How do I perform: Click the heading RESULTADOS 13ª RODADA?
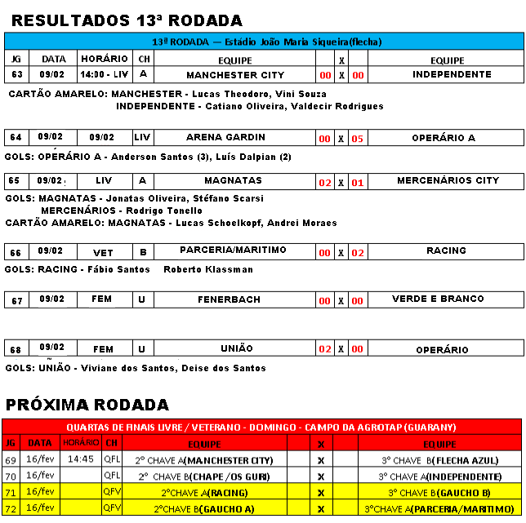click(127, 20)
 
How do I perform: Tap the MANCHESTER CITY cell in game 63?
click(235, 75)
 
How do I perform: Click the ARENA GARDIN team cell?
click(235, 137)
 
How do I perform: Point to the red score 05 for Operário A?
click(357, 139)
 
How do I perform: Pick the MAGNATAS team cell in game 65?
click(235, 180)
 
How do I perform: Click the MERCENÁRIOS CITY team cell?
click(447, 180)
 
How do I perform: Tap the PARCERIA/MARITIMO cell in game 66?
click(235, 250)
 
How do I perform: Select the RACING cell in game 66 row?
click(447, 250)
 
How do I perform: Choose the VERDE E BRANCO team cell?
click(447, 299)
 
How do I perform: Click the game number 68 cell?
click(16, 349)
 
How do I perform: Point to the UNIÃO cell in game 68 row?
click(235, 348)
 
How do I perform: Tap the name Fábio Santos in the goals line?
click(123, 269)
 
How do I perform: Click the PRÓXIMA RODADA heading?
click(87, 405)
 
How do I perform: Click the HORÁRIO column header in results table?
click(105, 60)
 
